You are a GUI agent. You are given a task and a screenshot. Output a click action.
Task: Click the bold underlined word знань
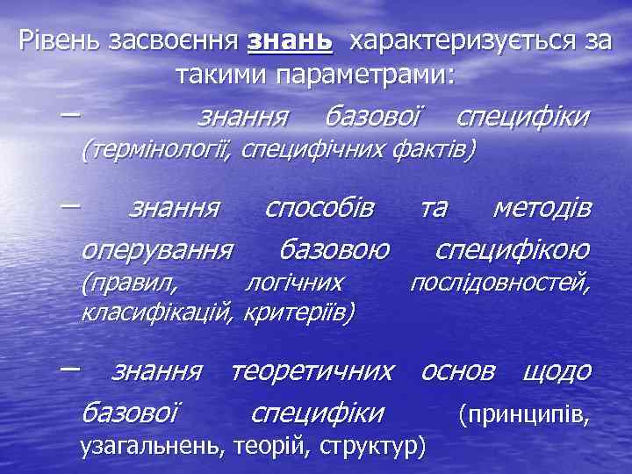click(289, 40)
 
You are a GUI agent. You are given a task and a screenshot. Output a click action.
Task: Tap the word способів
click(320, 209)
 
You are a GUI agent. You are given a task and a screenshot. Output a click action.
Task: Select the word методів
click(542, 209)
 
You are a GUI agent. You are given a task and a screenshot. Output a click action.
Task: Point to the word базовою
click(334, 251)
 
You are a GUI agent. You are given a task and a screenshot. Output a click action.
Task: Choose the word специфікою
click(513, 251)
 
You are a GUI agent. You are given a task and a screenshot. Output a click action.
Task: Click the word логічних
click(293, 283)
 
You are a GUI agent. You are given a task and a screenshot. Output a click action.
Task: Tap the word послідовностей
click(500, 283)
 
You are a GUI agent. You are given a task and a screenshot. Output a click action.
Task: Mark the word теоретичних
click(312, 372)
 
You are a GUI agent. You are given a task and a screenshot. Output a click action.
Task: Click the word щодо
click(557, 372)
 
